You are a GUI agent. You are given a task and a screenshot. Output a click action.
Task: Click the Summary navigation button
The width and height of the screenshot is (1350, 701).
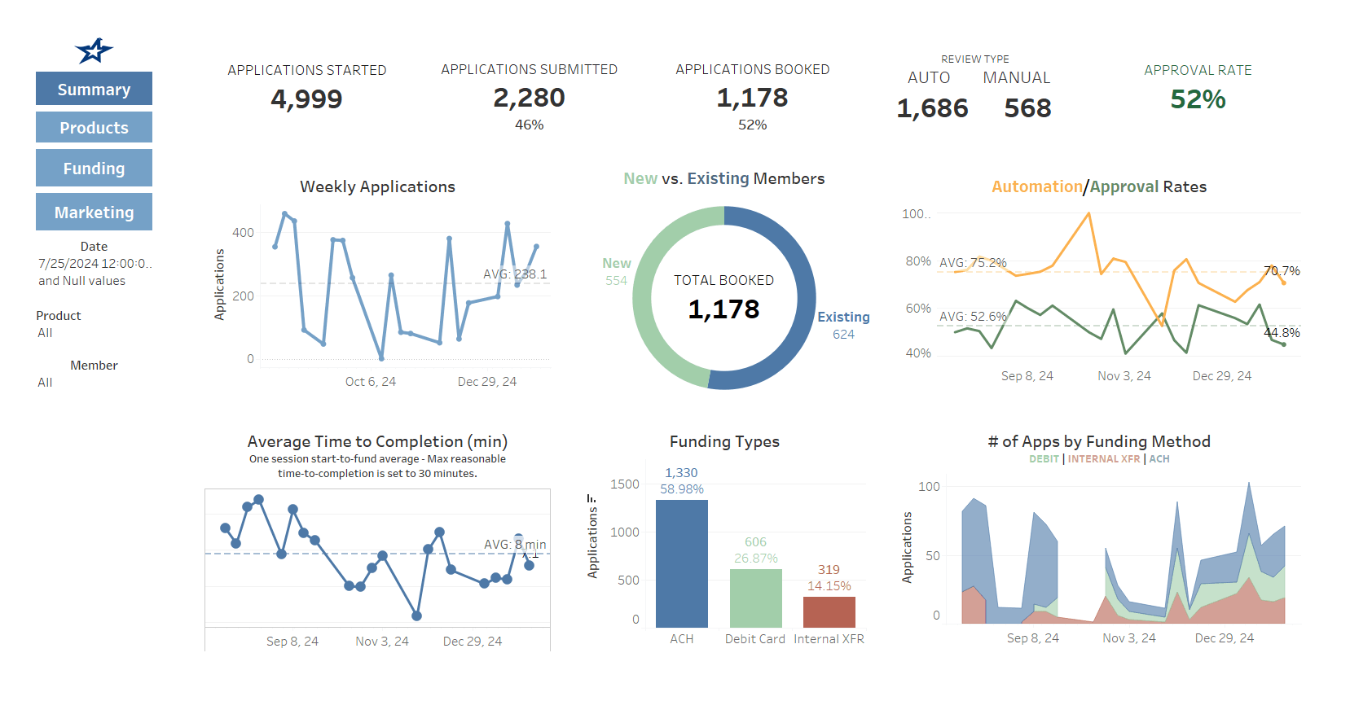(94, 89)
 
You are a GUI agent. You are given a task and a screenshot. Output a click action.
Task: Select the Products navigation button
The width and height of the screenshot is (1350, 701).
(94, 127)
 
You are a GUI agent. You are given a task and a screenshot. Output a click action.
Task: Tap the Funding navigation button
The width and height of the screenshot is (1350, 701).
(94, 168)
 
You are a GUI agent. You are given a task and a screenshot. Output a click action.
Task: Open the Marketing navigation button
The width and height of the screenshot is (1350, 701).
(94, 212)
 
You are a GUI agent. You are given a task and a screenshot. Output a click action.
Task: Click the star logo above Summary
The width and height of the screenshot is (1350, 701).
(94, 50)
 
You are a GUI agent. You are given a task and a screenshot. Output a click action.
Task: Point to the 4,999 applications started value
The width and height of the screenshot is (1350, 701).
(306, 99)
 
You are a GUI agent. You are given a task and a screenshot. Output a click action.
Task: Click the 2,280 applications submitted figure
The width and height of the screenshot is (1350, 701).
(529, 98)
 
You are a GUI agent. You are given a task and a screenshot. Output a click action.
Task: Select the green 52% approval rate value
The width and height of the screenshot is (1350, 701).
(1197, 99)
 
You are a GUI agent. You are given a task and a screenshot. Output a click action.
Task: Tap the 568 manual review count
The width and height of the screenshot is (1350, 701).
(1027, 108)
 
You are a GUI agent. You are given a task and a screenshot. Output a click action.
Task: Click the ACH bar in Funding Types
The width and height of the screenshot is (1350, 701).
(681, 563)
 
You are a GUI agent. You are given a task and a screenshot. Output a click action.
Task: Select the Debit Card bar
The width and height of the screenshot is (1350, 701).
(755, 598)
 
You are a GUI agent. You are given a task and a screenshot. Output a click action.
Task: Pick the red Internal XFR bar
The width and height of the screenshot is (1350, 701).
(829, 611)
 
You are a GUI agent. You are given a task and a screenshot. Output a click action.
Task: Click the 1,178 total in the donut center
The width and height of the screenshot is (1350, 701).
(723, 309)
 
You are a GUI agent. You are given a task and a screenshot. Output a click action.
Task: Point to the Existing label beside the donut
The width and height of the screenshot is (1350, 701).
(843, 317)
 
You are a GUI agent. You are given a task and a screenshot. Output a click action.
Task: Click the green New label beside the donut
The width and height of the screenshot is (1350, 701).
(616, 263)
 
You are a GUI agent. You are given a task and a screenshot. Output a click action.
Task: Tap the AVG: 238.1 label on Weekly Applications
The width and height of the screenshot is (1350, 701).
(515, 274)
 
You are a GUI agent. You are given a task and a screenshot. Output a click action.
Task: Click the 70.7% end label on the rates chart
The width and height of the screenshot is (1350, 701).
(1281, 270)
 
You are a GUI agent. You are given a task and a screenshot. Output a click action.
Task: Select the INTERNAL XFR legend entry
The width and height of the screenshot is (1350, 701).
(1103, 459)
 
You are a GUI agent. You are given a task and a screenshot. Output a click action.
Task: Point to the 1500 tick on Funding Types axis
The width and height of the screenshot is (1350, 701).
(625, 484)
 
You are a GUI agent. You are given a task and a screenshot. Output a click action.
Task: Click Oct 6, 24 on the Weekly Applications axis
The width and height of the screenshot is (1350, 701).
(370, 381)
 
